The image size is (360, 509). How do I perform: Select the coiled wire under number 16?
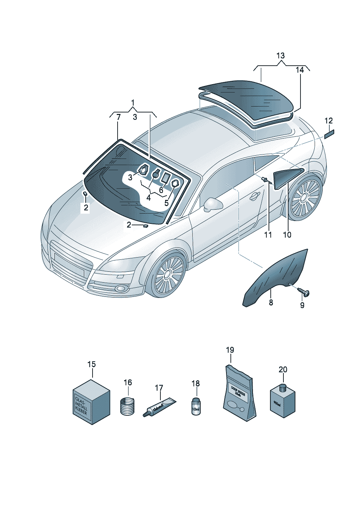point(127,406)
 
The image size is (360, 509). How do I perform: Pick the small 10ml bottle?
point(196,406)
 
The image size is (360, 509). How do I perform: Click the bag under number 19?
point(238,395)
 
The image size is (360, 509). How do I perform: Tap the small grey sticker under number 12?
point(330,135)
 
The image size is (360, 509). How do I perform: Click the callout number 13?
point(281,56)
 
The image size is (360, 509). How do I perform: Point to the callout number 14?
point(300,70)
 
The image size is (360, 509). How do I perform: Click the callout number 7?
point(118,117)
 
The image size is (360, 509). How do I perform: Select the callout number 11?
point(268,235)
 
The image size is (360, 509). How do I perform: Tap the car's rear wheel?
point(306,198)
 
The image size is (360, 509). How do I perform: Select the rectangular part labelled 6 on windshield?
point(165,177)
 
